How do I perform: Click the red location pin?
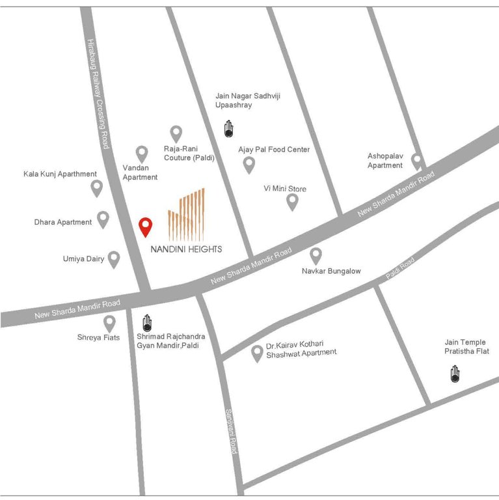tap(146, 226)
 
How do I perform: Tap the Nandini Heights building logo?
tap(186, 214)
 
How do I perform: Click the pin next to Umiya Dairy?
tap(114, 259)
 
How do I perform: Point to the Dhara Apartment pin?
tap(103, 219)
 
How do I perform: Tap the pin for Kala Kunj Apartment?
tap(96, 188)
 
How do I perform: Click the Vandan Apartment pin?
tap(142, 154)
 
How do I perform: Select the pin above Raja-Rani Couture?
tap(176, 133)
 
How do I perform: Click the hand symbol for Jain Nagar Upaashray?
tap(228, 129)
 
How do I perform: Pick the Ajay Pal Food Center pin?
tap(249, 165)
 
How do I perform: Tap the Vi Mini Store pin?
tap(293, 202)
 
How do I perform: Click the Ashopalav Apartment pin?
tap(417, 161)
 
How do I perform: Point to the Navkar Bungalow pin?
tap(316, 255)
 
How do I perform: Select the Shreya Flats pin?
tap(109, 323)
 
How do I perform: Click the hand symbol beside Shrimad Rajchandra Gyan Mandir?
tap(147, 323)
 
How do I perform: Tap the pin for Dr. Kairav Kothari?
tap(257, 354)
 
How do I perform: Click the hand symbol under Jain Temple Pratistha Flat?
tap(455, 374)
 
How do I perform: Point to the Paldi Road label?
tap(399, 268)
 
